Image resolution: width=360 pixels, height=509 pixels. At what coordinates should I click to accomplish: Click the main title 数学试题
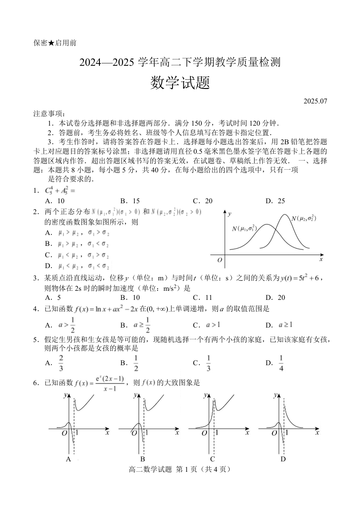180,83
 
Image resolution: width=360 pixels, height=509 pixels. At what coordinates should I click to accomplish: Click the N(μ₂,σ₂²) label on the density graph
303,219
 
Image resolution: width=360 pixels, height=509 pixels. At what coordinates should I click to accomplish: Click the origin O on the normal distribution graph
220,260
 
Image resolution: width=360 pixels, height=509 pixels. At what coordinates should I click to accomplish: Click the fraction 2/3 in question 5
61,362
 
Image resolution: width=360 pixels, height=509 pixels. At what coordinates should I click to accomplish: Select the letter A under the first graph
68,459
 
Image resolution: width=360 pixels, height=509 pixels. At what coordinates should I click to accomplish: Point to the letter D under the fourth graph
283,459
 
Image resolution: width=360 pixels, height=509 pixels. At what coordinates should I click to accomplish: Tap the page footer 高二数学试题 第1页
180,470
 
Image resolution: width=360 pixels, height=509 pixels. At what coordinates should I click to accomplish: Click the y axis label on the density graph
230,213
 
